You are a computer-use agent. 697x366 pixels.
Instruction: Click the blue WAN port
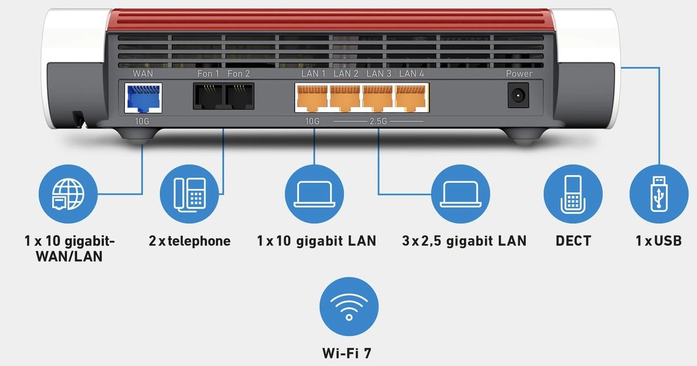pos(143,98)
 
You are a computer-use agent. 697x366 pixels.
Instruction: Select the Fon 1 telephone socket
pos(207,97)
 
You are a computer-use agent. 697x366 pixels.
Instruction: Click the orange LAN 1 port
pos(312,98)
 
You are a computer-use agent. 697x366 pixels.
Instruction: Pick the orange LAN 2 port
pos(346,98)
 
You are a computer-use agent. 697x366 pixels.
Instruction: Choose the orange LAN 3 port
pos(378,98)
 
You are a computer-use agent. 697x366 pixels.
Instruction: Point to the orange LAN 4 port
pos(411,98)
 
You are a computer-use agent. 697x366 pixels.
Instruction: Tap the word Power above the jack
pos(519,74)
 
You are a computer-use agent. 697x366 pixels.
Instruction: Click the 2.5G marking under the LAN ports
pos(379,121)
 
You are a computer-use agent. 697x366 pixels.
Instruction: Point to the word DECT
pos(573,241)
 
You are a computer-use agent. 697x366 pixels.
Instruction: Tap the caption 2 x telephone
pos(189,241)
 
